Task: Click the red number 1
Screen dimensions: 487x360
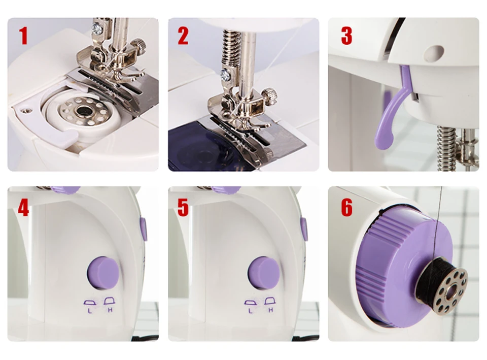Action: coord(24,36)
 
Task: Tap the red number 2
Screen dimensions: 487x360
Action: coord(183,36)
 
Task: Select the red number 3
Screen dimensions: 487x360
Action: coord(346,36)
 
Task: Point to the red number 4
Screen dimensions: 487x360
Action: coord(23,207)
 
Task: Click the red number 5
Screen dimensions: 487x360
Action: coord(183,207)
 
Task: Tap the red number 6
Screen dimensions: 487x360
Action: coord(347,207)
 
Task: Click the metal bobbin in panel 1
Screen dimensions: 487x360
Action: coord(83,111)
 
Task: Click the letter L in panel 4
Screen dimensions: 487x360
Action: coord(90,311)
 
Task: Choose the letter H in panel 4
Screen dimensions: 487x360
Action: coord(110,310)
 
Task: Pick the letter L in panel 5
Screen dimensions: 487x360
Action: coord(250,311)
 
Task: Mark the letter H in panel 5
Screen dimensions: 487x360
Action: coord(270,310)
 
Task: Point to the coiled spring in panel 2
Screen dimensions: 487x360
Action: coord(231,52)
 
